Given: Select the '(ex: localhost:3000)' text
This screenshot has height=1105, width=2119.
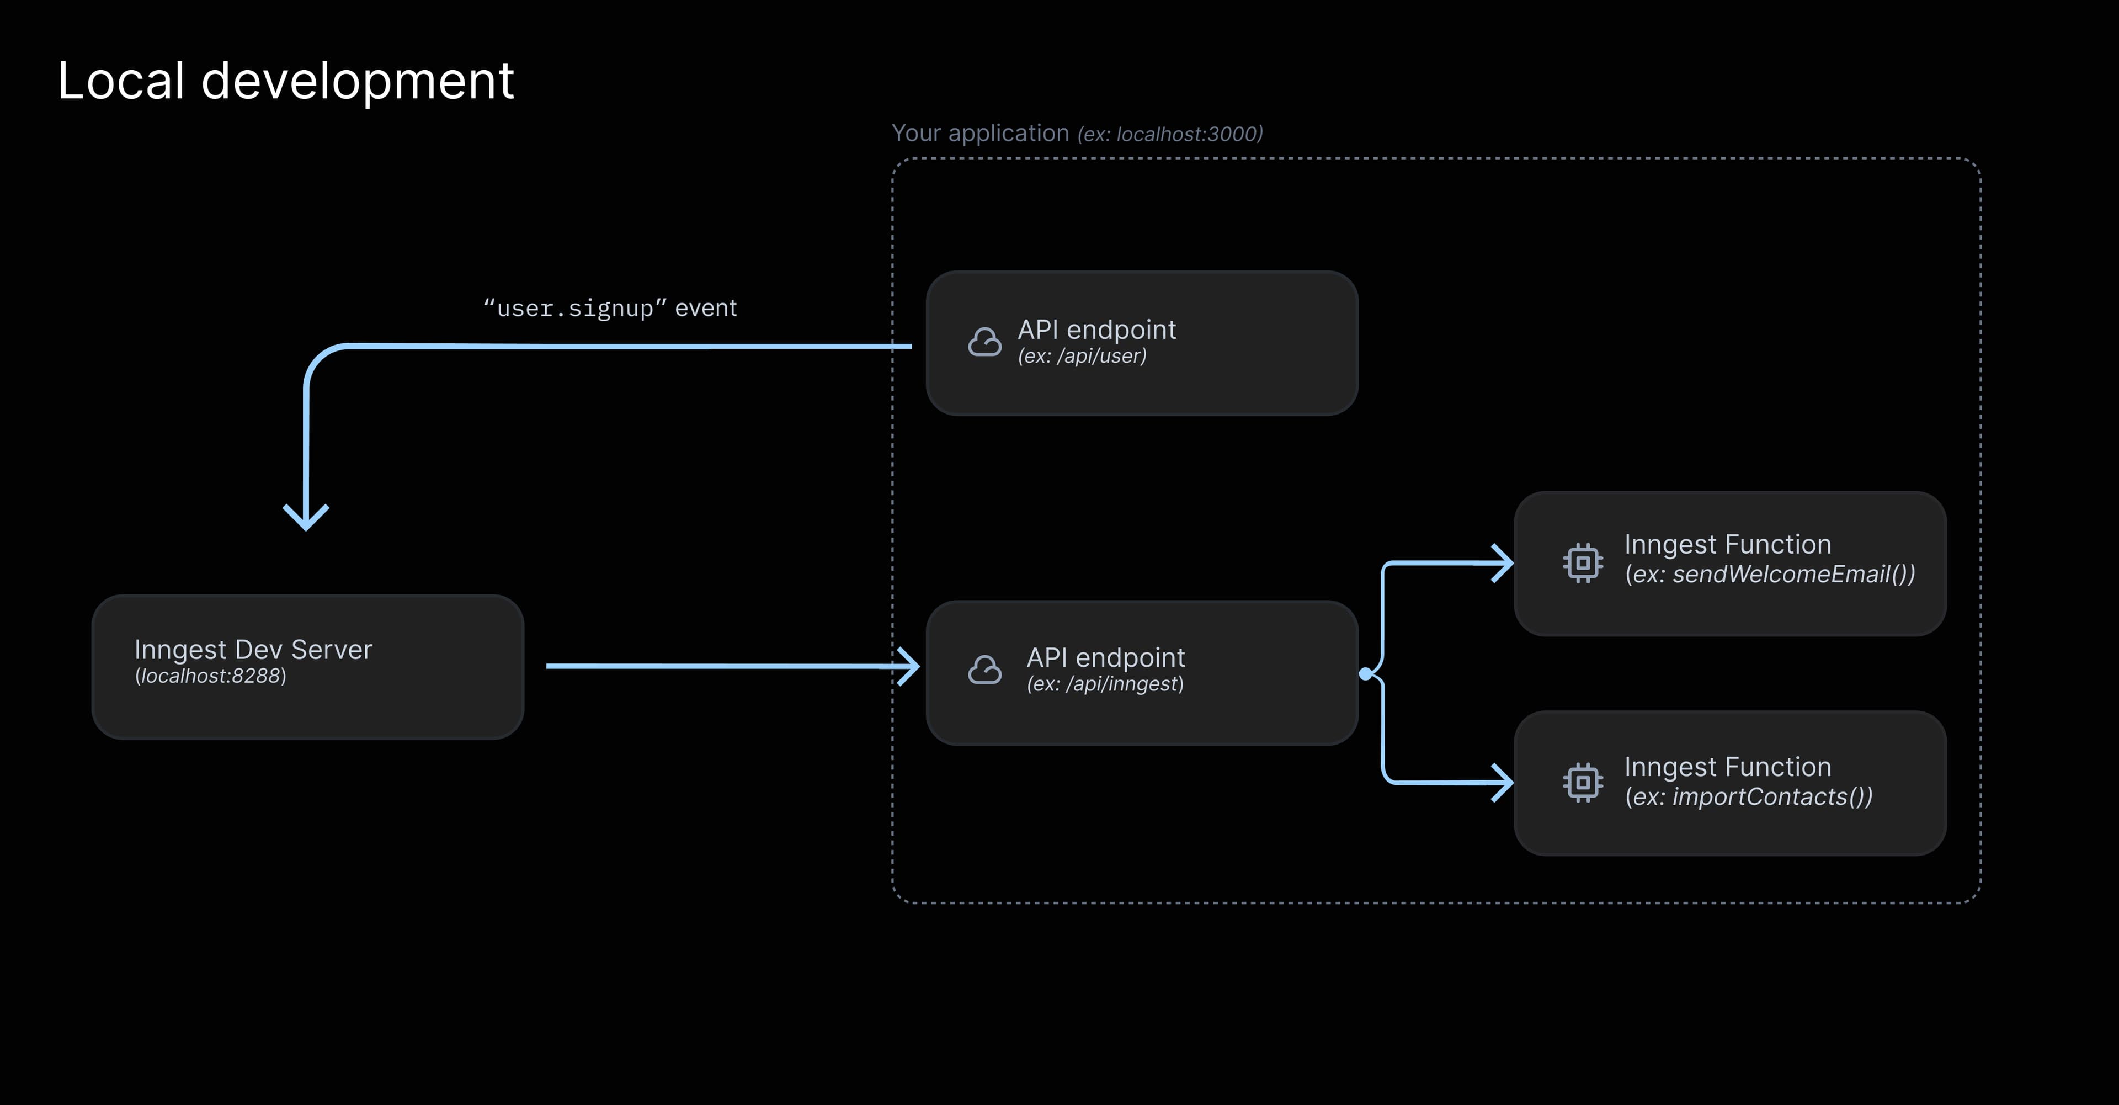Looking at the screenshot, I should (1170, 134).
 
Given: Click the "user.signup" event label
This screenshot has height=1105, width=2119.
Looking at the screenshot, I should (610, 308).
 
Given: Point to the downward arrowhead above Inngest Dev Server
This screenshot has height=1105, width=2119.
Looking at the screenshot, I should (306, 518).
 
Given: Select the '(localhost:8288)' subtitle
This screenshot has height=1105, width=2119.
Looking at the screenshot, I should (211, 676).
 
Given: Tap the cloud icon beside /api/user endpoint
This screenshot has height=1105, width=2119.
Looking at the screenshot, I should (984, 342).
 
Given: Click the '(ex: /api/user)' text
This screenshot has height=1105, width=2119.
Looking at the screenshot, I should (1082, 356).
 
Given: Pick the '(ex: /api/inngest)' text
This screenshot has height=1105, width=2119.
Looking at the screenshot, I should (1105, 684).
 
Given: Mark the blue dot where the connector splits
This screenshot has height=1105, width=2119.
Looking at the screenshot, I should (1366, 674).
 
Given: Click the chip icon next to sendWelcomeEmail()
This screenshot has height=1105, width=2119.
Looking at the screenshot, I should (1582, 563).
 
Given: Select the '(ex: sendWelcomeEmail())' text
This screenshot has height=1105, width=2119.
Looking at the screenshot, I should (1769, 575).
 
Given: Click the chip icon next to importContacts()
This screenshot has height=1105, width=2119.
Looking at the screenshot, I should (1582, 783).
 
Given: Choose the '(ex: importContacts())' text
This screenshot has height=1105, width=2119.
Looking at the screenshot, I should (1748, 796).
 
